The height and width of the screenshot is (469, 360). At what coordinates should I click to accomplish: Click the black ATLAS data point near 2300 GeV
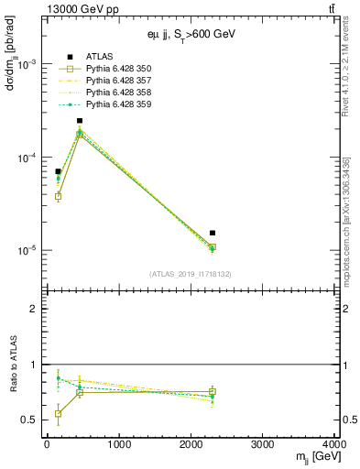click(x=213, y=233)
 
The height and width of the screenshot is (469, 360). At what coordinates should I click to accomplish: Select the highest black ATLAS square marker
click(x=80, y=120)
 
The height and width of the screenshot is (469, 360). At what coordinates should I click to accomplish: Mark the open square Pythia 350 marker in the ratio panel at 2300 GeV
click(x=213, y=392)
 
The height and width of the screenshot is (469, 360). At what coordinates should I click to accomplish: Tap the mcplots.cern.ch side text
click(x=353, y=211)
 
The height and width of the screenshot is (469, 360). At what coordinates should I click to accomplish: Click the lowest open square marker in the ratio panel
click(x=58, y=414)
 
